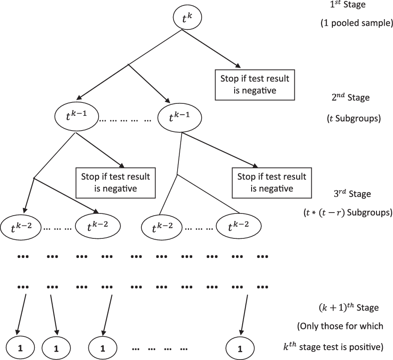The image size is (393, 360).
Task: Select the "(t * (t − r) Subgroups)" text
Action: (347, 213)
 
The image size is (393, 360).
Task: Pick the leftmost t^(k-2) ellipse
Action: (22, 228)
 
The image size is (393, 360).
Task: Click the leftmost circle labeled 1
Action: (21, 346)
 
